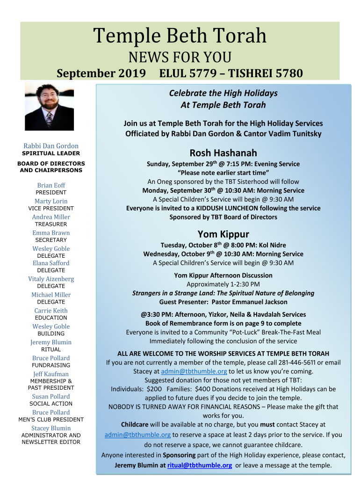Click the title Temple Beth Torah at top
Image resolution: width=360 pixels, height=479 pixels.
[x=180, y=36]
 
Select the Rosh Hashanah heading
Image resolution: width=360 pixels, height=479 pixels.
[x=223, y=153]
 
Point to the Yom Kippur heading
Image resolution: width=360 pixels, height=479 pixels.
[x=223, y=234]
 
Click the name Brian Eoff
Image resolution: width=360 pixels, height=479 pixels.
[x=51, y=185]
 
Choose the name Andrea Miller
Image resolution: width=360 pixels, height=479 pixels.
[x=51, y=217]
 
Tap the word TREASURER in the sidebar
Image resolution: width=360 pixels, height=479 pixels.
[x=51, y=225]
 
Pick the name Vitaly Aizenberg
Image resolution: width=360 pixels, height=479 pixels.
[x=51, y=279]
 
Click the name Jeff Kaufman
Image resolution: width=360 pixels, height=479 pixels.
[x=51, y=374]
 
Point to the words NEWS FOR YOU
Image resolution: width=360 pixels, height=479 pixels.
[x=180, y=58]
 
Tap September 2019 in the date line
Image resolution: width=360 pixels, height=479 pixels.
[x=101, y=73]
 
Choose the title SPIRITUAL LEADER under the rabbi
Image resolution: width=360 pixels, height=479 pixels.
[x=51, y=153]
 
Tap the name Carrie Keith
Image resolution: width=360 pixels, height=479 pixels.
[x=51, y=311]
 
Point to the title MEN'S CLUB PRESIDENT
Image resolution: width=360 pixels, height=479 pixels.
[x=51, y=420]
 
